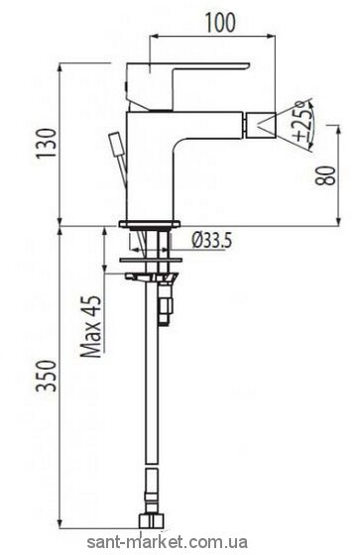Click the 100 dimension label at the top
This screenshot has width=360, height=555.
[221, 22]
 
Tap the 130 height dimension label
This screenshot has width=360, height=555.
[47, 144]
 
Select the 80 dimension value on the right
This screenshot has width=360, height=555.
[329, 175]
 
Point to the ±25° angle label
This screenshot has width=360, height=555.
[305, 121]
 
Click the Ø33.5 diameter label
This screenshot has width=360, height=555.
[212, 241]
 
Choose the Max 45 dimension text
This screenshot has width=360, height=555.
[90, 326]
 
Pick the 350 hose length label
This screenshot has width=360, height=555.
[47, 376]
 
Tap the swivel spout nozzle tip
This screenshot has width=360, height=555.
[261, 124]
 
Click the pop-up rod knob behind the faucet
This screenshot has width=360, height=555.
[116, 145]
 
